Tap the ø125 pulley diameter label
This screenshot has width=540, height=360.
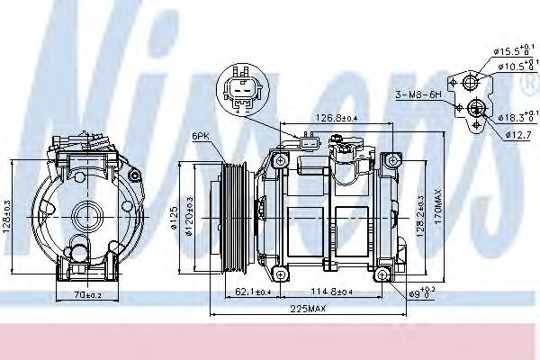177,217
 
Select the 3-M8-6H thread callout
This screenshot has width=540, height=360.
418,93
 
